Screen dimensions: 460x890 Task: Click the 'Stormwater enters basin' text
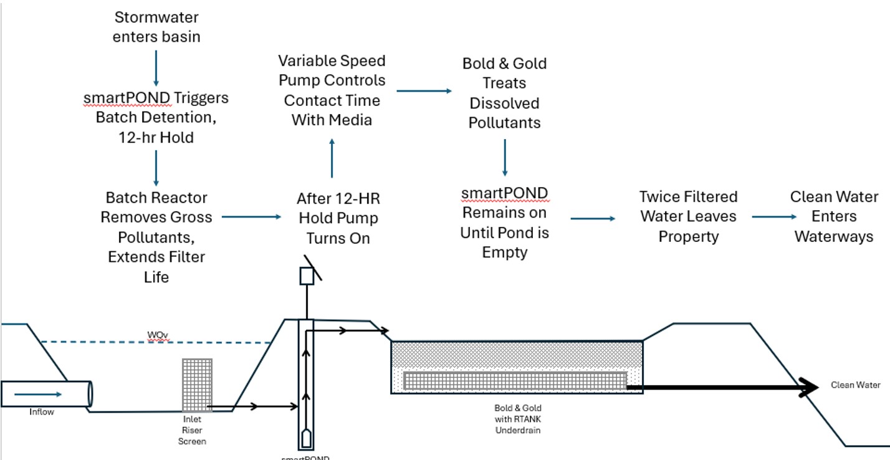[x=156, y=27]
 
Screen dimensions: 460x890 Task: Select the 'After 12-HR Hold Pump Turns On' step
[x=338, y=218]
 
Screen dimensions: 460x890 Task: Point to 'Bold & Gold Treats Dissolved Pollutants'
[x=504, y=93]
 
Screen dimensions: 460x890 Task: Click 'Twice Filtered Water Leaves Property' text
[x=688, y=217]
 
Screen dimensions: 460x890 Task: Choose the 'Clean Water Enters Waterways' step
[x=834, y=216]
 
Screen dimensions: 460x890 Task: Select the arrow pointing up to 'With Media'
[x=332, y=158]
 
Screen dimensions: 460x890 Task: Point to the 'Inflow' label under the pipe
[x=42, y=412]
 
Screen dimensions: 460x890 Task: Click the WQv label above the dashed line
[x=158, y=336]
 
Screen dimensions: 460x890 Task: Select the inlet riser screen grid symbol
[x=197, y=385]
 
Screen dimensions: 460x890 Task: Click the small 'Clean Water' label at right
[x=855, y=385]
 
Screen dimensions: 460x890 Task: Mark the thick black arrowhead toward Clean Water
[x=810, y=387]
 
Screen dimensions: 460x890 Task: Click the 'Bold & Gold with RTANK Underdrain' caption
[x=514, y=419]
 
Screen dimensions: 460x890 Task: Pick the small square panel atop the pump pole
[x=307, y=276]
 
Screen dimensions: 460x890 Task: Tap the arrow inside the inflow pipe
[x=38, y=394]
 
